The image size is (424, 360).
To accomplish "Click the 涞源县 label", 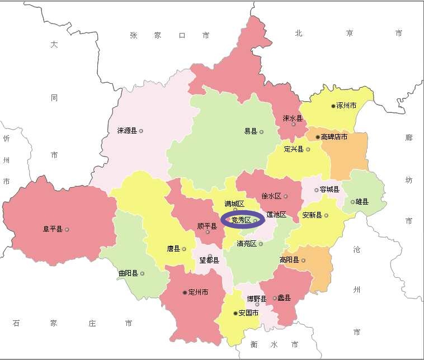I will (127, 131).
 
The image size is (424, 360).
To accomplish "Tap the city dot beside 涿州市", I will (332, 106).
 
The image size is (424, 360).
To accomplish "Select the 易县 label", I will (251, 131).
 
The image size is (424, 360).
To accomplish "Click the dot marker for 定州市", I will (185, 292).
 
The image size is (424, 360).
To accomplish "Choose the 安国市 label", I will (248, 313).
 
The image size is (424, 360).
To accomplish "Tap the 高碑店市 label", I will (335, 137).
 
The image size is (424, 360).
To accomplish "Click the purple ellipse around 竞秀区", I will (242, 220).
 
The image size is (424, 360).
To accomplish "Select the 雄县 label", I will (362, 202).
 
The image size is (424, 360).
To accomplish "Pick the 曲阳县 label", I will (128, 273).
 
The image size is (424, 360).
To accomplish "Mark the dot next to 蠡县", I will (275, 298).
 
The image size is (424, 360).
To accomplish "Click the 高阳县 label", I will (289, 260).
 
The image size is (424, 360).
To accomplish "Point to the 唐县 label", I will (173, 249).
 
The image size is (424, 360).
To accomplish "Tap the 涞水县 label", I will (293, 119).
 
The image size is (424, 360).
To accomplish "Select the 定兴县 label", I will (294, 149).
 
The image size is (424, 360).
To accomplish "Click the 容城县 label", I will (329, 190).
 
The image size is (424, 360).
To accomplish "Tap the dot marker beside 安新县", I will (327, 215).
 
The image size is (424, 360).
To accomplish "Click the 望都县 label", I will (210, 260).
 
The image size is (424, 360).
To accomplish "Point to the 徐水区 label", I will (272, 196).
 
